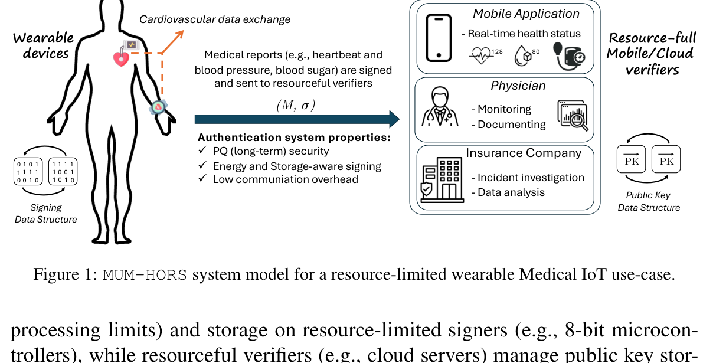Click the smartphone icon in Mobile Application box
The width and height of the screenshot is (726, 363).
point(439,38)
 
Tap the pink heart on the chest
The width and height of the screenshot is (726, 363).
point(121,58)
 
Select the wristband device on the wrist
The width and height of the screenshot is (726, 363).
point(158,107)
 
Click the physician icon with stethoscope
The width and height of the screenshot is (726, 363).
point(440,107)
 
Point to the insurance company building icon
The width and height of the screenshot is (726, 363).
point(442,180)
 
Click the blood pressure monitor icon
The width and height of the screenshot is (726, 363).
point(569,57)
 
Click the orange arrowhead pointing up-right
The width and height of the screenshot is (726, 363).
point(179,35)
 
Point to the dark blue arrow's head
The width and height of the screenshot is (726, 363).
point(394,119)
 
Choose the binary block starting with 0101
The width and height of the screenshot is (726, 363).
point(28,172)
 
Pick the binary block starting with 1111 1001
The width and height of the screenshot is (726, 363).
point(63,172)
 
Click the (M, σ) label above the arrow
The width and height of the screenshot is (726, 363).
point(296,105)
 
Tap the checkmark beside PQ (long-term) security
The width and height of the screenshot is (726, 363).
point(202,150)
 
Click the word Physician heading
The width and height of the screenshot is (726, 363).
point(518,86)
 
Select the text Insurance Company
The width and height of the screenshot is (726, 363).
point(524,153)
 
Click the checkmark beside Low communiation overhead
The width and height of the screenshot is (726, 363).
point(202,178)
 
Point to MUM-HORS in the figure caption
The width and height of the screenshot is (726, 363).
point(145,275)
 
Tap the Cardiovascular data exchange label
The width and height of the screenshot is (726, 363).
point(215,19)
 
